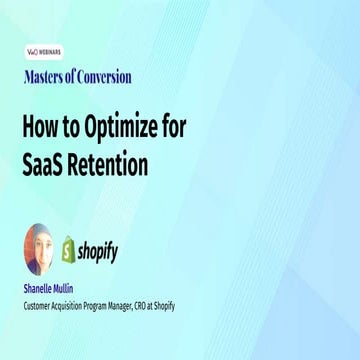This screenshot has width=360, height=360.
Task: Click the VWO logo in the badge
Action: (x=32, y=47)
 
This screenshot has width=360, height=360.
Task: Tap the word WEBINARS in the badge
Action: (x=51, y=47)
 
